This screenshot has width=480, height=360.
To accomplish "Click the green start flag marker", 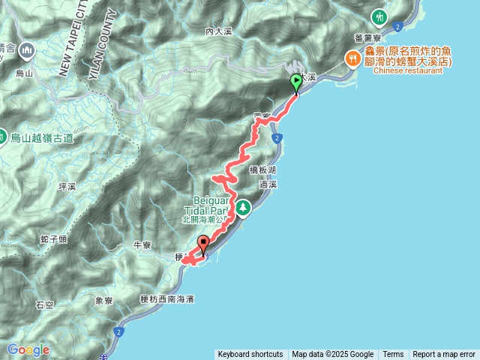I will (296, 82).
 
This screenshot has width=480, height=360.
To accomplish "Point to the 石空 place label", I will (44, 304).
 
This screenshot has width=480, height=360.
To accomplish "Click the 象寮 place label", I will (103, 301).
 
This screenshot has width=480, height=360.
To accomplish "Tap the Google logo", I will (28, 349).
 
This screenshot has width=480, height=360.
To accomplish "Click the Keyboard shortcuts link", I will (250, 355).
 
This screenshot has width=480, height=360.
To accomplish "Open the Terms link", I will (393, 355).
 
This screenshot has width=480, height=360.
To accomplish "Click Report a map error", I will (444, 355).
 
